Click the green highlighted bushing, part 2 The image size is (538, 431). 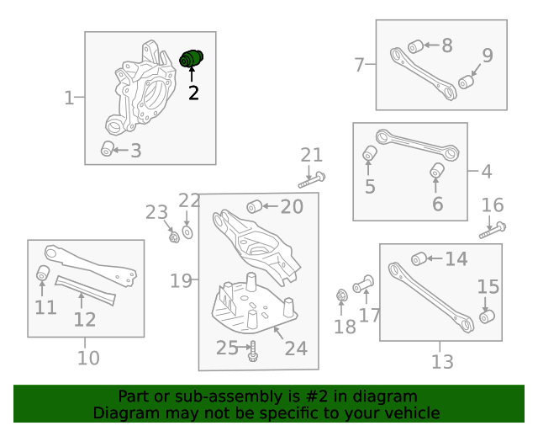click(x=191, y=58)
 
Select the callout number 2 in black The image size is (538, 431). click(x=193, y=93)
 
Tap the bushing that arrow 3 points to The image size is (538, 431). click(x=107, y=148)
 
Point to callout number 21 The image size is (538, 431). click(x=312, y=155)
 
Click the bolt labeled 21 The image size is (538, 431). click(x=312, y=180)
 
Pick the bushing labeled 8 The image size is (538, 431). click(x=416, y=46)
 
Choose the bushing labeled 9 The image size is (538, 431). click(x=466, y=82)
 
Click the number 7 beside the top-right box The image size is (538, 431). click(x=359, y=65)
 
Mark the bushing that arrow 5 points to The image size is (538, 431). click(x=370, y=153)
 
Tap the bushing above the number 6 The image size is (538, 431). click(x=437, y=171)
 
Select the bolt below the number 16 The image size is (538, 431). click(x=493, y=231)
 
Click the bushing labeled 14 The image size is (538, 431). click(x=419, y=258)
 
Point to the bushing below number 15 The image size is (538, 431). click(x=487, y=317)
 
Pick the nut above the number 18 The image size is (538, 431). click(x=341, y=295)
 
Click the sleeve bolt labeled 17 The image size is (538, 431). click(x=363, y=284)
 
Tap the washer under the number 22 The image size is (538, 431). click(x=187, y=232)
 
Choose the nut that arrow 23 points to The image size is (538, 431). click(x=174, y=237)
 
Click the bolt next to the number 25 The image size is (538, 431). click(x=253, y=351)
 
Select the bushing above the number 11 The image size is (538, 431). click(x=43, y=273)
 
